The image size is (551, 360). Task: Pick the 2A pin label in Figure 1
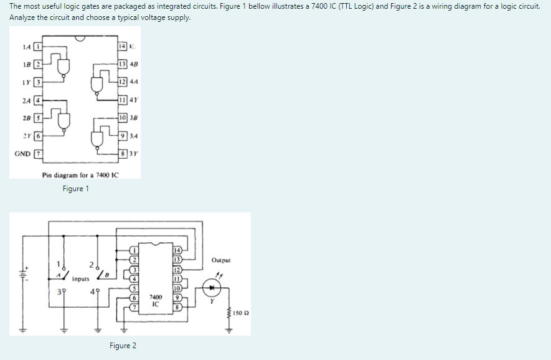[26, 100]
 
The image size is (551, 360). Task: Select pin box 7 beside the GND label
[37, 153]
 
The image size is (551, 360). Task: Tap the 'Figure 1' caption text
[76, 189]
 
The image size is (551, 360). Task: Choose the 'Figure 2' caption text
[123, 346]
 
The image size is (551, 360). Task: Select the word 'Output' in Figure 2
[220, 260]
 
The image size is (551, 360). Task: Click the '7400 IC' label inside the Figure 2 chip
[156, 300]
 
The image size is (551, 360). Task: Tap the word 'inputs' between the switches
[79, 280]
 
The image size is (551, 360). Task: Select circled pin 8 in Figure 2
[177, 306]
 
